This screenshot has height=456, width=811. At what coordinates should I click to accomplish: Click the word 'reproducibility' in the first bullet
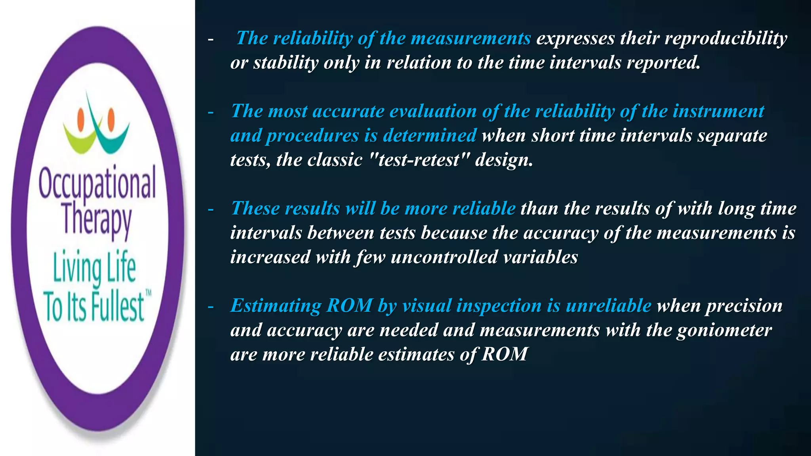pos(726,38)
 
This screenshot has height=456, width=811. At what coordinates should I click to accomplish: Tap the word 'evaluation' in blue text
pos(433,111)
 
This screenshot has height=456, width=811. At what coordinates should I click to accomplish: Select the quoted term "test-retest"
pos(419,160)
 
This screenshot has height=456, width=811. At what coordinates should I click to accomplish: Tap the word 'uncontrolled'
pos(444,257)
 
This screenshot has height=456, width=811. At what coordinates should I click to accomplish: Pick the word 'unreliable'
pos(608,306)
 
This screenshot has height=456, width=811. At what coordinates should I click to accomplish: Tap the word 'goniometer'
pos(724,330)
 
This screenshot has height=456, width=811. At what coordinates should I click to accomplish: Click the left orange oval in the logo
pos(81,117)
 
